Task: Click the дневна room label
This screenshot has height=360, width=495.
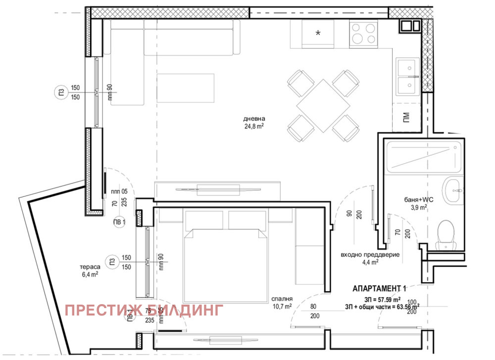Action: pyautogui.click(x=254, y=119)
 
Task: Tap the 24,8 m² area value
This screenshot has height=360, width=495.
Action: pyautogui.click(x=254, y=126)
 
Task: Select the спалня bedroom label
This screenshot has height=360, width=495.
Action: pyautogui.click(x=281, y=299)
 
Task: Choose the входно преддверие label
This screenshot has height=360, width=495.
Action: pyautogui.click(x=370, y=255)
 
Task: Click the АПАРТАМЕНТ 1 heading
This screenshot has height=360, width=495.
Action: pyautogui.click(x=379, y=288)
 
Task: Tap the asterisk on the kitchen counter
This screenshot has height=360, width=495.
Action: pyautogui.click(x=318, y=33)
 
